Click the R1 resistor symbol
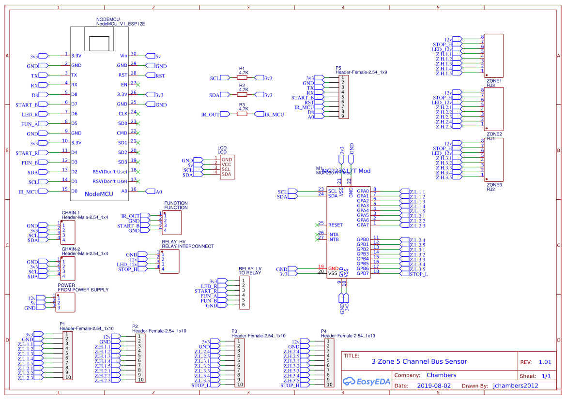click(242, 77)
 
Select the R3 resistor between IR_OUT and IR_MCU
click(242, 114)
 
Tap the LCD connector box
click(227, 167)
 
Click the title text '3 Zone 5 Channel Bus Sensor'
click(419, 361)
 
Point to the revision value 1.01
click(545, 362)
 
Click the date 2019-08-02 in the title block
click(433, 386)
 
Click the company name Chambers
click(441, 375)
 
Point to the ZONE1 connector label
click(494, 81)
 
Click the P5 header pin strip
click(343, 97)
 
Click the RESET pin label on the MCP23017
click(335, 225)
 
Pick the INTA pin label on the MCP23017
click(334, 235)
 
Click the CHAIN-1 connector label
click(71, 213)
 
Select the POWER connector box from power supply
click(66, 302)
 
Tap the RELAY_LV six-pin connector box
click(245, 293)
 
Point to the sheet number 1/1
click(546, 376)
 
